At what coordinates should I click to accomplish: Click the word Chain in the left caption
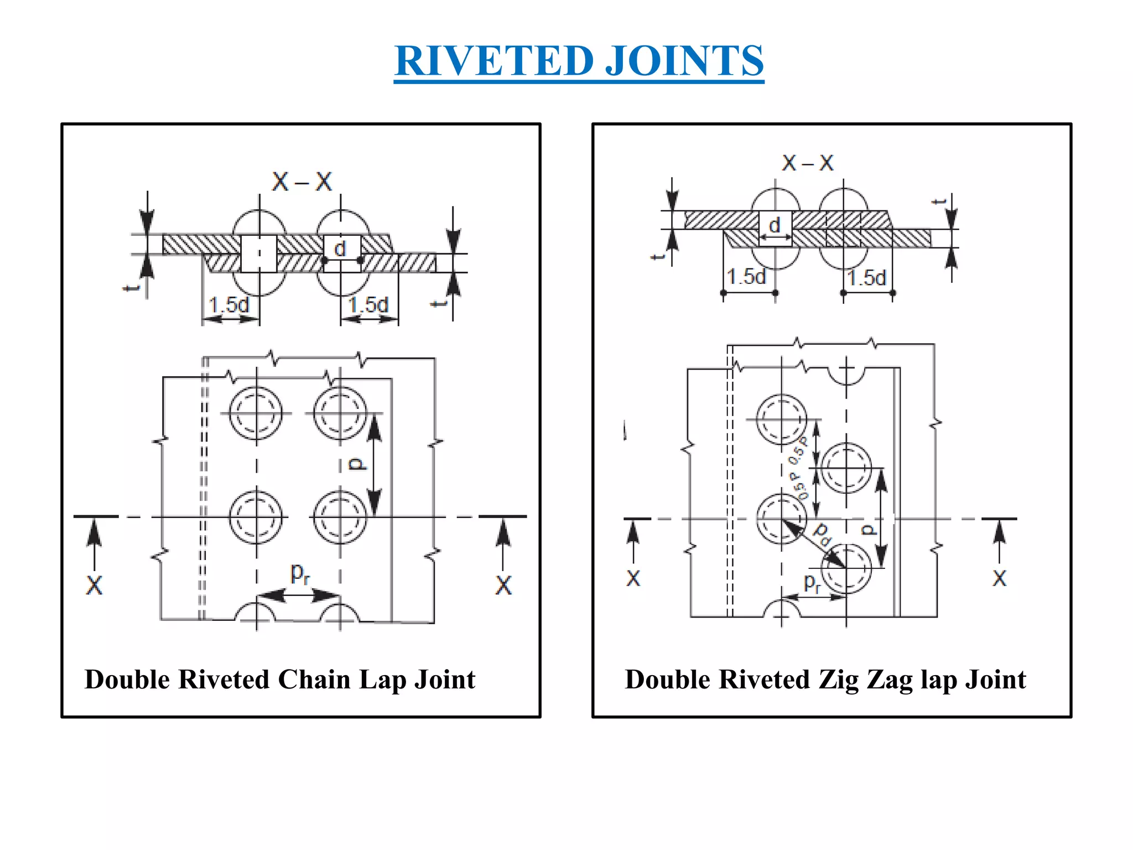click(x=314, y=679)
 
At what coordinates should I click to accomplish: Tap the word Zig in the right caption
click(x=838, y=679)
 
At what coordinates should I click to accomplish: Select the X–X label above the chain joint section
click(x=302, y=182)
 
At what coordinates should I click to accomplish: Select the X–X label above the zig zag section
click(x=807, y=163)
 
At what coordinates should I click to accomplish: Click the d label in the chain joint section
click(x=340, y=248)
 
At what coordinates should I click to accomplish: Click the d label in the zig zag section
click(x=775, y=225)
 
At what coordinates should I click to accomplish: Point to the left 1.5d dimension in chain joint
click(x=229, y=304)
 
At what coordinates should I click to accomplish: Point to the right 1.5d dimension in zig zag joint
click(x=867, y=277)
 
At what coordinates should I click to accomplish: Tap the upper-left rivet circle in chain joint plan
click(x=256, y=413)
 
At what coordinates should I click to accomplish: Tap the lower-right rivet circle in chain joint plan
click(x=340, y=517)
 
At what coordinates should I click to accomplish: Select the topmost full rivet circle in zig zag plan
click(x=781, y=419)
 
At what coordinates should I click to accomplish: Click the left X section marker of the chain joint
click(x=94, y=585)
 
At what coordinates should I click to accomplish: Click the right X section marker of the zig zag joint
click(x=999, y=578)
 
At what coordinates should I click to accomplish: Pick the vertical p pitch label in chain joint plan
click(x=358, y=464)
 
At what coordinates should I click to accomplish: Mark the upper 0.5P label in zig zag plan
click(x=798, y=450)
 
